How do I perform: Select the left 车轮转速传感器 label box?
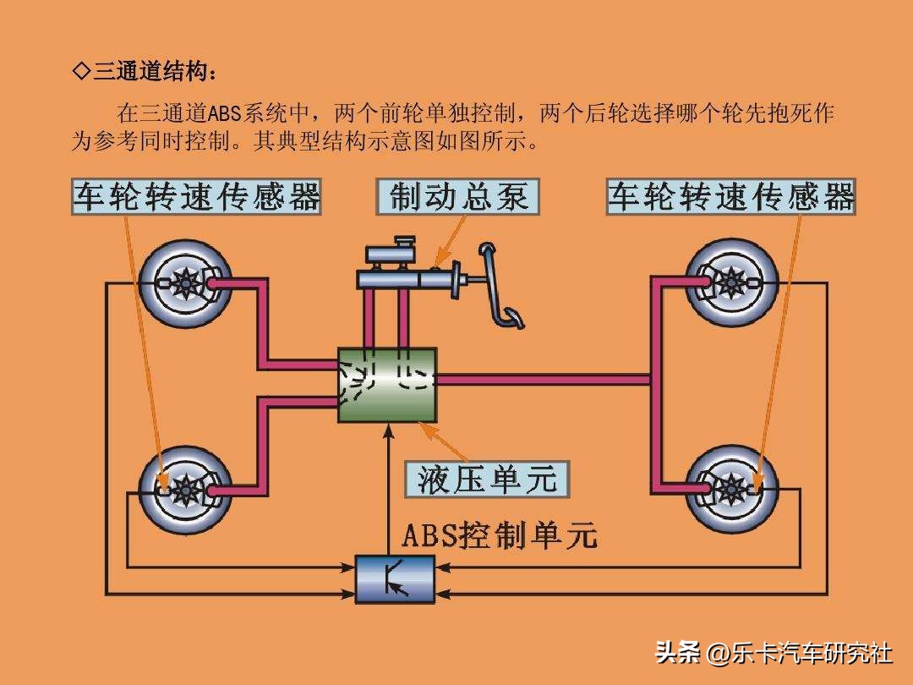[196, 197]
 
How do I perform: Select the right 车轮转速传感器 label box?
[731, 197]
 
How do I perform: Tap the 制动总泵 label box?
[457, 197]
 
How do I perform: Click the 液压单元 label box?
[487, 479]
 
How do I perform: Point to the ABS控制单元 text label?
[499, 534]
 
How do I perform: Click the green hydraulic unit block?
[387, 385]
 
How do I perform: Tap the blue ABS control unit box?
[395, 578]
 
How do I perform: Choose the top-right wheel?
[732, 282]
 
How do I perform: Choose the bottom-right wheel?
[732, 489]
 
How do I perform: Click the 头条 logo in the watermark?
[678, 653]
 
